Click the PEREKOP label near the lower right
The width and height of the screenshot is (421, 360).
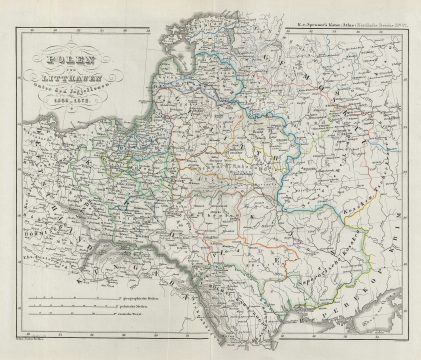(x=360, y=285)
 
